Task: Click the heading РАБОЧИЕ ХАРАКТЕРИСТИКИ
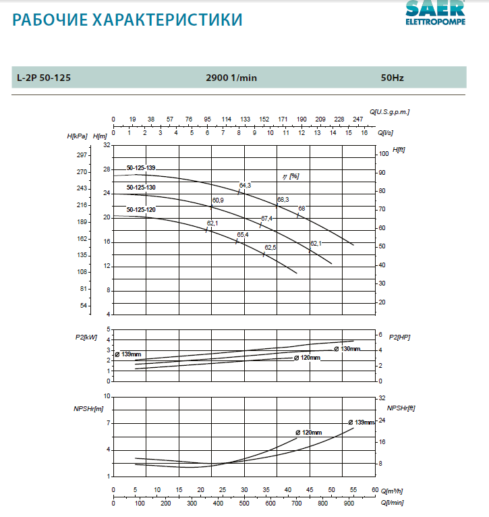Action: pos(127,20)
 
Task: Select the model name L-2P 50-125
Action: pos(44,78)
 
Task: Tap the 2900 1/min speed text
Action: pos(231,78)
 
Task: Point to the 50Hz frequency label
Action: pos(392,78)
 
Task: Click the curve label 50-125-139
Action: pos(141,167)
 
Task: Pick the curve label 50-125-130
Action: pos(141,188)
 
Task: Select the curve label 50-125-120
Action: pos(141,210)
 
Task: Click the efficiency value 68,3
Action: pos(283,200)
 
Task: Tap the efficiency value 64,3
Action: pos(245,185)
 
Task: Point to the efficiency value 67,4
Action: pos(266,218)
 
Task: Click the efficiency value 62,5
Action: pos(270,248)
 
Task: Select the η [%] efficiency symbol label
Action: pos(291,175)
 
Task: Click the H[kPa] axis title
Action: pos(78,137)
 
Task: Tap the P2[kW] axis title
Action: pos(86,335)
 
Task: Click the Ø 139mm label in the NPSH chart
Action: pos(361,423)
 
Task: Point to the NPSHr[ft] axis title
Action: pos(401,408)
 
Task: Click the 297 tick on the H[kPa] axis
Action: pos(82,155)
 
